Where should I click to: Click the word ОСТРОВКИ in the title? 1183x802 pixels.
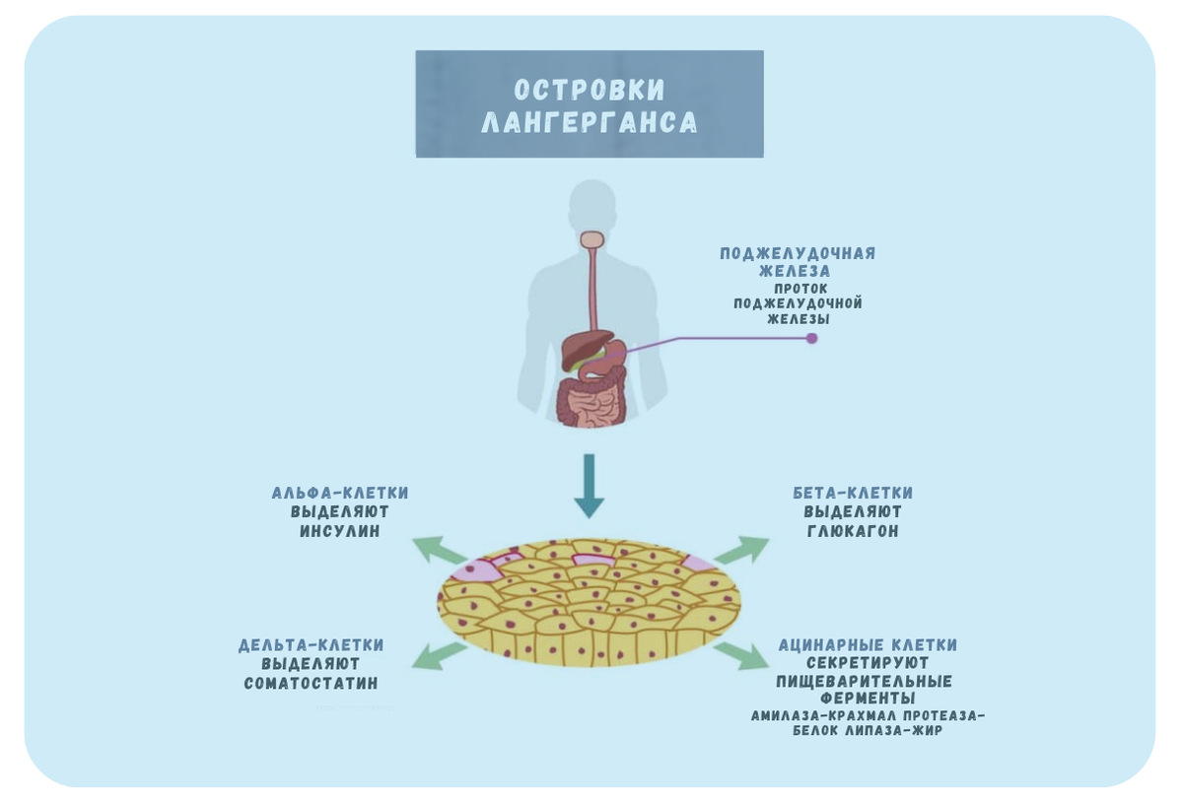pos(590,90)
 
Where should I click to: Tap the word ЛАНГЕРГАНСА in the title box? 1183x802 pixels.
pos(590,122)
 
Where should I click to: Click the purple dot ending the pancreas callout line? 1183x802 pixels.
pos(811,338)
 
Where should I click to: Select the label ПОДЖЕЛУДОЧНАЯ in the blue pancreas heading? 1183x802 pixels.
pos(797,253)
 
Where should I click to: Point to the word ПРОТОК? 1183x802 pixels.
pos(798,288)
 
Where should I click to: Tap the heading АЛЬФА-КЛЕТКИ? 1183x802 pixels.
pos(339,493)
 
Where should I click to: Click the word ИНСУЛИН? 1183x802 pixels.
pos(339,531)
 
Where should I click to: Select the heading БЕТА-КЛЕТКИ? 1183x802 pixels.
pos(853,493)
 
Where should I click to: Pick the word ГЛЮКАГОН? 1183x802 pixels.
pos(853,531)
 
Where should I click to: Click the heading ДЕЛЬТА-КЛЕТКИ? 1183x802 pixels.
pos(311,645)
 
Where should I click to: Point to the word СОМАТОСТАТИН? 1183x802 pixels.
pos(311,684)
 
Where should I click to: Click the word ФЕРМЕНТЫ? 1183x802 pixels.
pos(864,698)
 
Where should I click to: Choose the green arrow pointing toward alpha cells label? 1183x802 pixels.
pos(439,551)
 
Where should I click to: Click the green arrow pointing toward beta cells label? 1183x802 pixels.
pos(741,550)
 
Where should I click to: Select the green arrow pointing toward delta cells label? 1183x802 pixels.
pos(439,656)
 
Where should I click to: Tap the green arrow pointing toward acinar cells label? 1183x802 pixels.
pos(741,656)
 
